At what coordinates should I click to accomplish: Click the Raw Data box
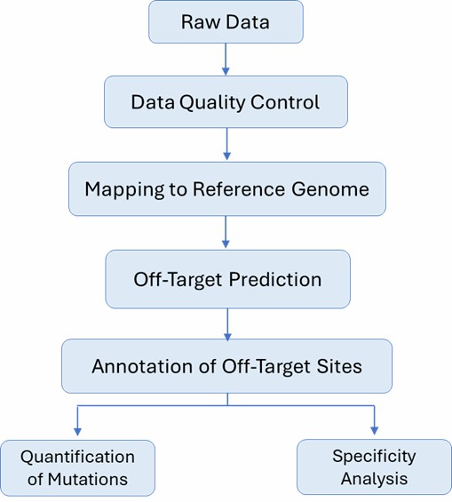(226, 21)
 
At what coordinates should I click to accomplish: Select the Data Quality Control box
(226, 101)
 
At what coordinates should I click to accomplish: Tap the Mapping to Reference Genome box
(227, 188)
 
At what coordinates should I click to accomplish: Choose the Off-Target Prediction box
(227, 278)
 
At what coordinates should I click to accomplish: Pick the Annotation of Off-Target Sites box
(227, 365)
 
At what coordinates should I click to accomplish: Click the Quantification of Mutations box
(78, 467)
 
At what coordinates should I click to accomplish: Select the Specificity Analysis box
(374, 467)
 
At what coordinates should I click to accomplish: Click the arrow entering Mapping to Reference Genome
(226, 144)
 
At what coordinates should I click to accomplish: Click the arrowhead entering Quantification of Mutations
(79, 433)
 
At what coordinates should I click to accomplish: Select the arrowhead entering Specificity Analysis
(374, 433)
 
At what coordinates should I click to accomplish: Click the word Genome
(333, 189)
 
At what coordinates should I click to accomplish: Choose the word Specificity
(374, 456)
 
